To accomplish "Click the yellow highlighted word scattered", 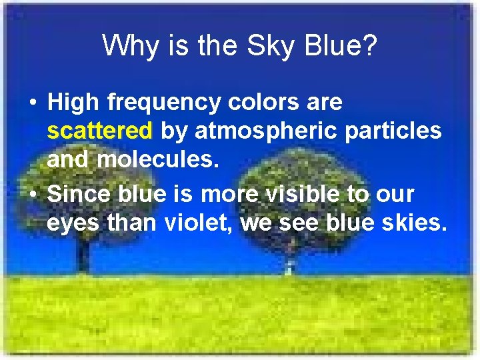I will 100,131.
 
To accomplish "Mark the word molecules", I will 159,159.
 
